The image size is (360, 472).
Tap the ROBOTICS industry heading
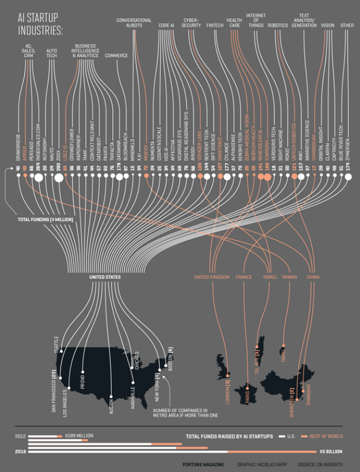[x=277, y=26]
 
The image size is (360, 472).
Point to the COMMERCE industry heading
[x=116, y=55]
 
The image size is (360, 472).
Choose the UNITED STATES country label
[x=105, y=277]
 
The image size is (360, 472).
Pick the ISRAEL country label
[x=270, y=277]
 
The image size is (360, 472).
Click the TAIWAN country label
[x=289, y=277]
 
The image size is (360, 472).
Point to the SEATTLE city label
[x=57, y=344]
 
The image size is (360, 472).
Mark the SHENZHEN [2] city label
[x=292, y=403]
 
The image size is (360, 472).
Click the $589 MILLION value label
[x=77, y=436]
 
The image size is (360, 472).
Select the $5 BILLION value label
[x=331, y=452]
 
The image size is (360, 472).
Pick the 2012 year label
[x=20, y=437]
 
